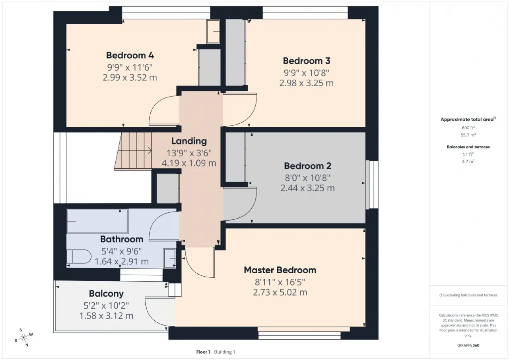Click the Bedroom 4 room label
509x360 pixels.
click(x=130, y=55)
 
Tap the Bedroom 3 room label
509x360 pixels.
click(x=307, y=61)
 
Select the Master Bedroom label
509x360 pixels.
click(x=280, y=270)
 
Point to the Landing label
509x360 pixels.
click(x=189, y=141)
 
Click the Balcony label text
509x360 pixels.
click(x=106, y=294)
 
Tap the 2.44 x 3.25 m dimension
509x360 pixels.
click(x=307, y=188)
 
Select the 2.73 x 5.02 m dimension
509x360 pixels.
click(x=280, y=292)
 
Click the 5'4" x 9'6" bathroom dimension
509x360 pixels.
click(x=122, y=251)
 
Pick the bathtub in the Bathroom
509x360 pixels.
click(x=97, y=221)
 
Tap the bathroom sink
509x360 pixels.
click(x=170, y=259)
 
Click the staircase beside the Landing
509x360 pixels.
click(x=133, y=151)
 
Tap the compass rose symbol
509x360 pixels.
click(x=23, y=337)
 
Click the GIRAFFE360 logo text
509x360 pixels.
click(x=468, y=345)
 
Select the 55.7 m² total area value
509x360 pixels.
click(x=468, y=135)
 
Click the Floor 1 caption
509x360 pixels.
click(x=203, y=352)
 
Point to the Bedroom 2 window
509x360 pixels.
click(x=372, y=185)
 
